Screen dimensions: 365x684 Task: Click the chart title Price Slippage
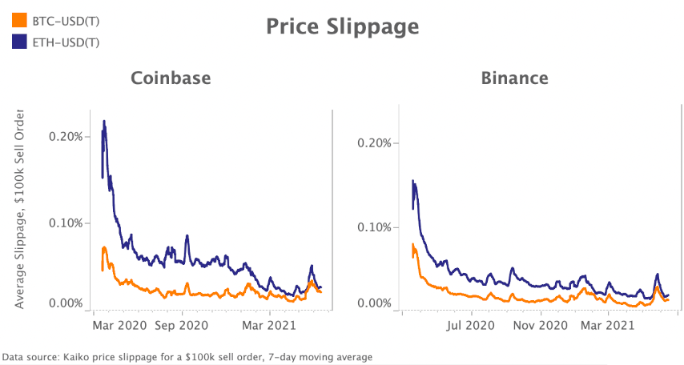(342, 26)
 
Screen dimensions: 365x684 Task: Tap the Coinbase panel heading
(171, 78)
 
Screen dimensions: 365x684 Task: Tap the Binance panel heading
(514, 78)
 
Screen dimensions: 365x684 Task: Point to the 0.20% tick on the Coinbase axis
(66, 136)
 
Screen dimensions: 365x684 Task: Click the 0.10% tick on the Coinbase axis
(66, 223)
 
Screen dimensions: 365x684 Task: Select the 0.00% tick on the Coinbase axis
(66, 303)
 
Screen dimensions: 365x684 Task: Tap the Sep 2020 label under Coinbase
(181, 326)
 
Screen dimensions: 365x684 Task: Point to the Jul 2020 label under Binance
(470, 326)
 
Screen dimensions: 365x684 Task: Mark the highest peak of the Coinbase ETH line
(104, 122)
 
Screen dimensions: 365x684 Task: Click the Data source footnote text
(187, 356)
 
